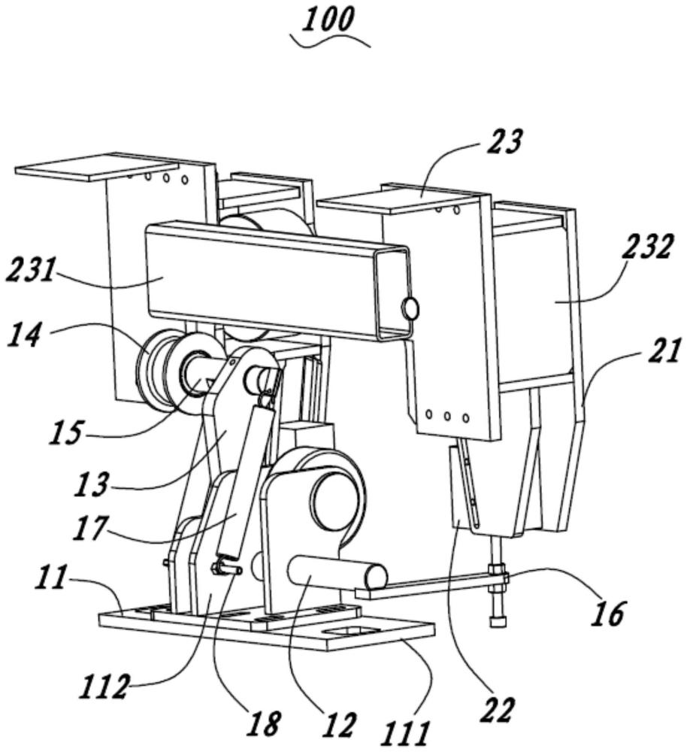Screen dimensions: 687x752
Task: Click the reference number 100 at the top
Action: point(330,20)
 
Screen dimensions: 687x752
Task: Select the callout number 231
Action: point(30,268)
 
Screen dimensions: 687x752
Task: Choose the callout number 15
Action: point(65,432)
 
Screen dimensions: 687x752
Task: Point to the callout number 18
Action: point(264,723)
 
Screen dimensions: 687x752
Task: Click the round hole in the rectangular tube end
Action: point(410,308)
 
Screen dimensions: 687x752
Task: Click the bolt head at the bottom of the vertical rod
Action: point(497,622)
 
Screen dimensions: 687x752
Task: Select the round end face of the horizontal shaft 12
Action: point(375,578)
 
